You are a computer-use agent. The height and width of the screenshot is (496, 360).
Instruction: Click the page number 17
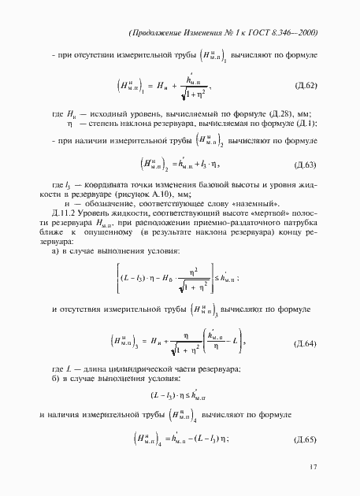313,467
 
